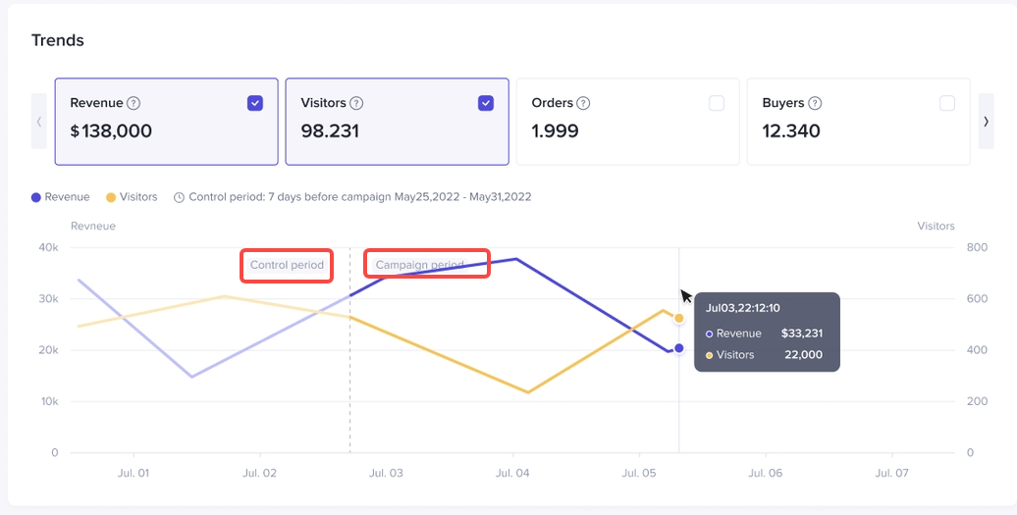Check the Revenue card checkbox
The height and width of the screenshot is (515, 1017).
255,103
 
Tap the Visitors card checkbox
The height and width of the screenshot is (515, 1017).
486,103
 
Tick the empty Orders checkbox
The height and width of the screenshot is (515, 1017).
717,103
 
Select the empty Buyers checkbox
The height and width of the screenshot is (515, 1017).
947,103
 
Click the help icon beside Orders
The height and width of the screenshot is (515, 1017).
583,103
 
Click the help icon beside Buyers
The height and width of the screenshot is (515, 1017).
815,103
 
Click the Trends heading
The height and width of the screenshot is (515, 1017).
58,40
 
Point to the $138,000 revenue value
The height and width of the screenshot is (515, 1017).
111,131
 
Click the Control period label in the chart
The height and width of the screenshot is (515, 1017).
287,265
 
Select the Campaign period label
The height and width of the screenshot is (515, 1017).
420,265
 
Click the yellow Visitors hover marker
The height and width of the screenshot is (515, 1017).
678,318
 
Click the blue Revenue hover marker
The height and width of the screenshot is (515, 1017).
678,348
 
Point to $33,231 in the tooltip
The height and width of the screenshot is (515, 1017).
802,334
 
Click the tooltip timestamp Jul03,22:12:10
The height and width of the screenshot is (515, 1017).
743,308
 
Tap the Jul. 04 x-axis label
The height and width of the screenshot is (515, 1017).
512,473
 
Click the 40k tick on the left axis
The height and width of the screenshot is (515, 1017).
48,247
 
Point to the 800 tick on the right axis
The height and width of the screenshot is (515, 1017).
948,247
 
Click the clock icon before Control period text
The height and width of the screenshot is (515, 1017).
179,197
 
